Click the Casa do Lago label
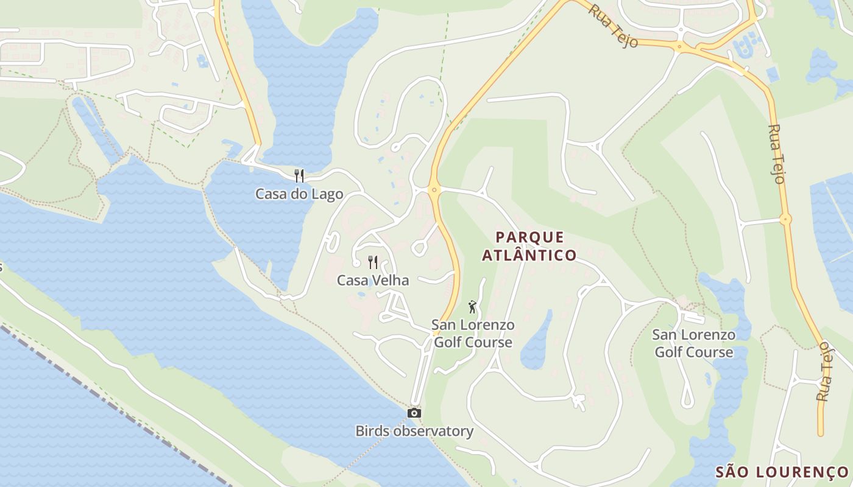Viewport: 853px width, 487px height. coord(299,194)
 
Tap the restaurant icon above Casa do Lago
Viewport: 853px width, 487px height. coord(299,176)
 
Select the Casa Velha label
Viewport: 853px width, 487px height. coord(373,280)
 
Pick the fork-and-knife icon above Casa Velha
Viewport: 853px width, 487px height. coord(373,262)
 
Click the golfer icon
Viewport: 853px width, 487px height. coord(472,307)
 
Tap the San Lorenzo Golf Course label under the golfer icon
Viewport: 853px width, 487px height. coord(473,334)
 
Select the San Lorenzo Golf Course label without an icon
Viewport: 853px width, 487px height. coord(693,343)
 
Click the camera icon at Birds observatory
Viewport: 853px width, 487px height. coord(414,413)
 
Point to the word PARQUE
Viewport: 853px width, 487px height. coord(530,237)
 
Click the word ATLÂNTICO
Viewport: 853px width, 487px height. coord(529,255)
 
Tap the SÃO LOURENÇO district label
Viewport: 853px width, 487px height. coord(782,472)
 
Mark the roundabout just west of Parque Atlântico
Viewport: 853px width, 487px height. coord(434,190)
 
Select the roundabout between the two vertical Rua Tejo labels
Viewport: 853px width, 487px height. coord(786,219)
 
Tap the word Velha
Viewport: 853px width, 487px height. coord(391,280)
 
